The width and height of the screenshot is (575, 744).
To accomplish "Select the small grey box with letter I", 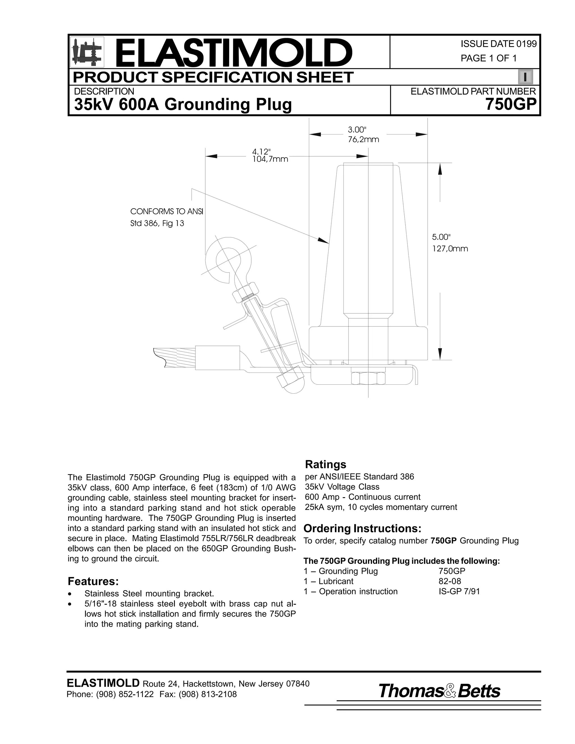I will pyautogui.click(x=525, y=77).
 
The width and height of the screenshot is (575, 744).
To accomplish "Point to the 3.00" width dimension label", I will pyautogui.click(x=357, y=129).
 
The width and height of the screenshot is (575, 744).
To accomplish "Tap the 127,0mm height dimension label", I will pyautogui.click(x=450, y=249).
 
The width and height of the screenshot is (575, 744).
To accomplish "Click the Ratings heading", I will pyautogui.click(x=325, y=464).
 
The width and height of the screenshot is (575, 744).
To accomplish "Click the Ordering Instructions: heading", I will pyautogui.click(x=362, y=528).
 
